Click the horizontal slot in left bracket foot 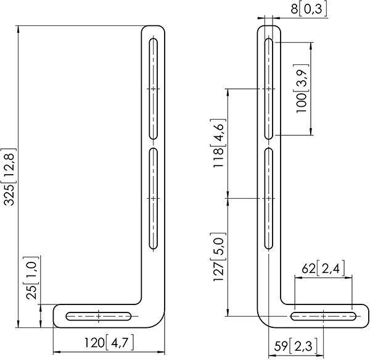pos(99,316)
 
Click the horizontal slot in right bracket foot pos(323,316)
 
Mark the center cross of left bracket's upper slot pos(153,90)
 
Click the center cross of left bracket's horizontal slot pos(99,316)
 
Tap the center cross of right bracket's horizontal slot pos(323,316)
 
